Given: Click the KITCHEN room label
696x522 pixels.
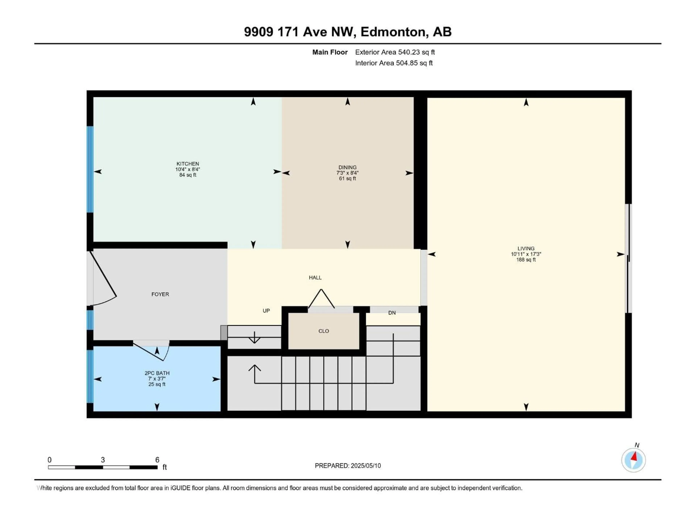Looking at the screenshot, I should point(188,164).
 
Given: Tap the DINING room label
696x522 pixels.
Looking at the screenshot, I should point(347,167).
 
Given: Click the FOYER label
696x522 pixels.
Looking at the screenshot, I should point(160,294).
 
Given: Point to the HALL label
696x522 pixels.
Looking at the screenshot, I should point(315,277).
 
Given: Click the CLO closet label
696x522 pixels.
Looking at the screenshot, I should point(324,331).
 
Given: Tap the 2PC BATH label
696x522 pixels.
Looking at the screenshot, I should point(157,373).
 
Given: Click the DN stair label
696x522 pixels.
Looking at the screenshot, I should point(392,313).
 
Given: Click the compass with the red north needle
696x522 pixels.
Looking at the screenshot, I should point(633,460).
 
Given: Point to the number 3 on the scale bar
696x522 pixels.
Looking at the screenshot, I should point(103,460).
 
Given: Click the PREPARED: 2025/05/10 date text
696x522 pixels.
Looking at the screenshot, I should point(348,466).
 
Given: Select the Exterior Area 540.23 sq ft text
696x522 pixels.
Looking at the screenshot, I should point(395,52).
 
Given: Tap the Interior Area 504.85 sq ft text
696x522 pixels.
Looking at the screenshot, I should point(394,63).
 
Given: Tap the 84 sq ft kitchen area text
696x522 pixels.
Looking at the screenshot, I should point(188,175).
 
